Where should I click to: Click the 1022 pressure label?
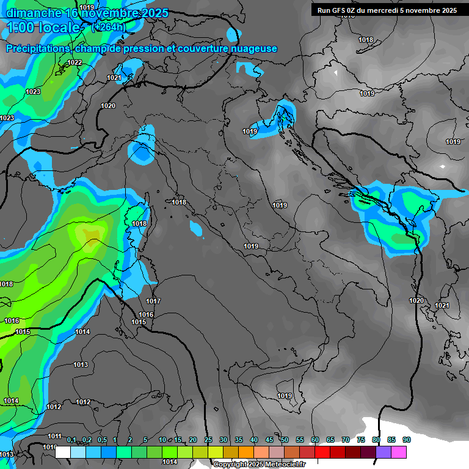(75, 62)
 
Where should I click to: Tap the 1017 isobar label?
(153, 301)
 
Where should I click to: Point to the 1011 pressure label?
(55, 436)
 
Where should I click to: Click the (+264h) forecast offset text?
(108, 27)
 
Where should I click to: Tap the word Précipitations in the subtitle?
(38, 49)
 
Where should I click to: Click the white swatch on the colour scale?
(62, 452)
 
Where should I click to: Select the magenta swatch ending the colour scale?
(399, 452)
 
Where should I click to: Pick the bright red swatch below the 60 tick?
(322, 452)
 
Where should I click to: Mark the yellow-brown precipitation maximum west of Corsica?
(92, 235)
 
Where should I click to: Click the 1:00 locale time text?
(43, 27)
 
